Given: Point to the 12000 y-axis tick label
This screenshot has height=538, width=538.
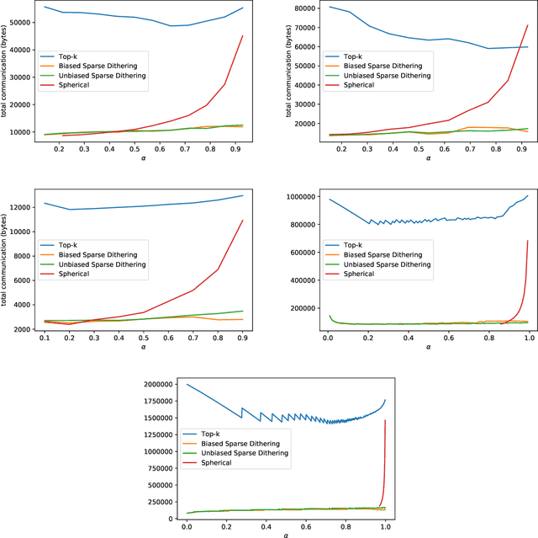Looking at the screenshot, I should [22, 207].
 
